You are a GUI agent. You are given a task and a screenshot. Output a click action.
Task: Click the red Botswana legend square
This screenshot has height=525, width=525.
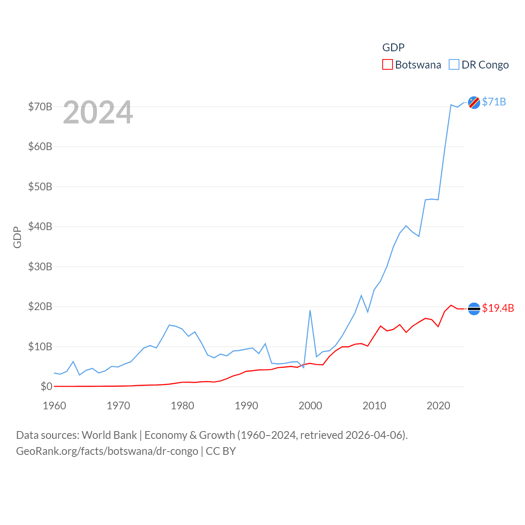387,65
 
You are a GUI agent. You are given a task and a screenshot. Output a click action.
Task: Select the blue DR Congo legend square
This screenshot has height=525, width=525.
454,65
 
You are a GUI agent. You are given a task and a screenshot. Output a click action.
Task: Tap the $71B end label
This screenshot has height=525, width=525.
494,102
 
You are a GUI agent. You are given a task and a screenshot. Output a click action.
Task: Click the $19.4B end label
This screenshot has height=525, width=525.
498,308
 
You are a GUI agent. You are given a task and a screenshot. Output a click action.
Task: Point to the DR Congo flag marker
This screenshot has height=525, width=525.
474,103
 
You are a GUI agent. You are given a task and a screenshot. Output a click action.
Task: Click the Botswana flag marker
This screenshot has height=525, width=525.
474,309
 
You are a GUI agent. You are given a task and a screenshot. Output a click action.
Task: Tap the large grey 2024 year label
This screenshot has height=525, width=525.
98,112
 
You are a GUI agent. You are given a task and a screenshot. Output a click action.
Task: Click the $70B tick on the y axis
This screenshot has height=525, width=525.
40,107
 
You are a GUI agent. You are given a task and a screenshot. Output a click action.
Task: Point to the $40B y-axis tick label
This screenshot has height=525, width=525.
40,227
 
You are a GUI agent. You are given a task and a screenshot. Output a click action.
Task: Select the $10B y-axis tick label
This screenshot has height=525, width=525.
40,347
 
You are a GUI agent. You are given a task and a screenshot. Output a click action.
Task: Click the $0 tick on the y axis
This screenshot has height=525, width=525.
46,386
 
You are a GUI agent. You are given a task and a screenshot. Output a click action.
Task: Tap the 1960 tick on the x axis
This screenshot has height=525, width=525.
55,406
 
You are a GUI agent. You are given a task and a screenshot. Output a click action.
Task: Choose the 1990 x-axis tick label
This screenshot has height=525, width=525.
247,406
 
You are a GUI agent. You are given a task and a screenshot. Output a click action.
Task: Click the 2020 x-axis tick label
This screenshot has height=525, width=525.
438,406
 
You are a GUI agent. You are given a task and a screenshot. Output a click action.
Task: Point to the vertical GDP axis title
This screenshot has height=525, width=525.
17,237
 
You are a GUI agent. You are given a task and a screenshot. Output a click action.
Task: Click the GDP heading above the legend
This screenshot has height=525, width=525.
393,48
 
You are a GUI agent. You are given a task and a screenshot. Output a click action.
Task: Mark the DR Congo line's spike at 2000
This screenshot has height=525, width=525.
310,310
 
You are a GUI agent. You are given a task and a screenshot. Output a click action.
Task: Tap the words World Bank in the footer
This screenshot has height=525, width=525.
109,435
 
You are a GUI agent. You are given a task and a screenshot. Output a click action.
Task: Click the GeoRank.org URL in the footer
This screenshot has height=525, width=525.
107,451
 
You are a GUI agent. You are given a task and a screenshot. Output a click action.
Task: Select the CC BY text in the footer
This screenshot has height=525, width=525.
221,451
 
